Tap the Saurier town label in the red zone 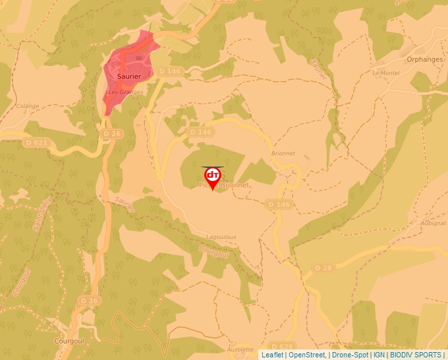(129, 76)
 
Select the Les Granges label (126, 92)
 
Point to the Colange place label (28, 106)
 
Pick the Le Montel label (386, 73)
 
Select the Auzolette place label (240, 349)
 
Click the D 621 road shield (35, 142)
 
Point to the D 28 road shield (323, 268)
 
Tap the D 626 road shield (281, 347)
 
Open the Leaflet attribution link (272, 355)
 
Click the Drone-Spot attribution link (350, 355)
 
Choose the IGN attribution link (379, 355)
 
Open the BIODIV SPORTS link (415, 355)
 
